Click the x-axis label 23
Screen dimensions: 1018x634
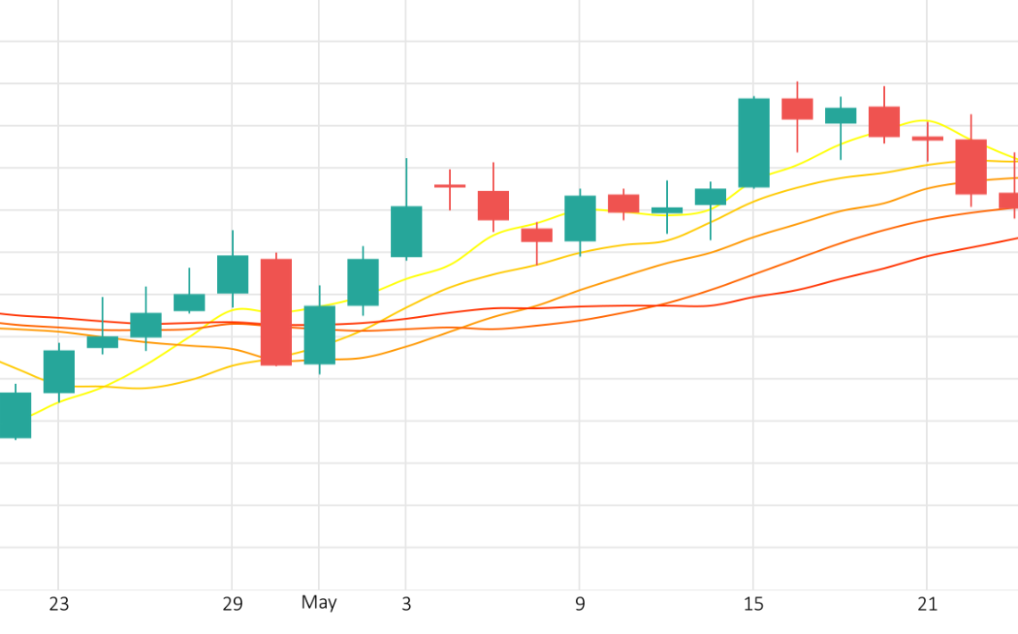(58, 605)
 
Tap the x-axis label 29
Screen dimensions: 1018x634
(232, 605)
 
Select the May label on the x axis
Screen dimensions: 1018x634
(319, 603)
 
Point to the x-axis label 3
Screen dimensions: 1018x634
(406, 605)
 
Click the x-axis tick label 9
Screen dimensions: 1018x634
(580, 605)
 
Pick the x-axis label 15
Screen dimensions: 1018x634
(753, 605)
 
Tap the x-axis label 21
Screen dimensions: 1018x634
(927, 605)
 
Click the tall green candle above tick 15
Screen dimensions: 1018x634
(754, 143)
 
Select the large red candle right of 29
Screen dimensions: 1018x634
(276, 313)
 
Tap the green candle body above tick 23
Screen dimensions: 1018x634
(59, 371)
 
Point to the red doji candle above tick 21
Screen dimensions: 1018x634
(928, 138)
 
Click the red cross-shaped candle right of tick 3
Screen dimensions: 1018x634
(450, 187)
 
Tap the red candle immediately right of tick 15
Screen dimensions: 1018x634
(797, 109)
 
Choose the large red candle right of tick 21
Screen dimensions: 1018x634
(972, 167)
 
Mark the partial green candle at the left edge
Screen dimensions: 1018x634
(15, 415)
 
